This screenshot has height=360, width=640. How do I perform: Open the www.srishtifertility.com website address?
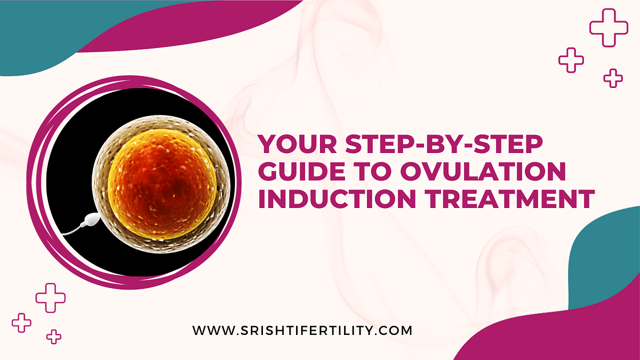pos(302,330)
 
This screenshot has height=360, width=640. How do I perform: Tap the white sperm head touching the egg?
pos(92,218)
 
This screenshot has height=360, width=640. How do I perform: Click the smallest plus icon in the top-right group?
pos(613,78)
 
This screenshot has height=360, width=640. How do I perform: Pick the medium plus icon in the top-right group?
pos(571,60)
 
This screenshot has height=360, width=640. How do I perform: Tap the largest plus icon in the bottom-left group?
pos(51,298)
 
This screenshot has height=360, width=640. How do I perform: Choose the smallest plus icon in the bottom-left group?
pos(53,336)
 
